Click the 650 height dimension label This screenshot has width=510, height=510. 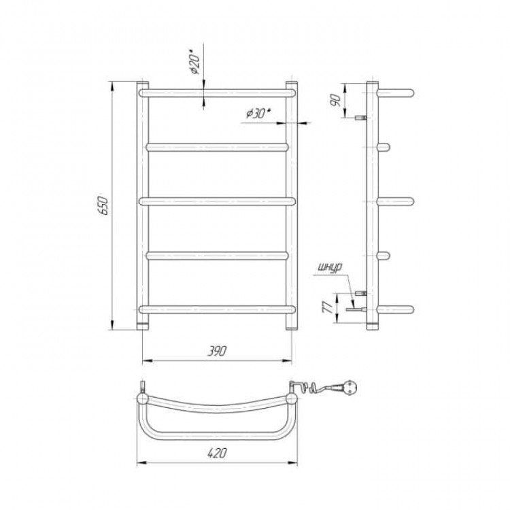(104, 205)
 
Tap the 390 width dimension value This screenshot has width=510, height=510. (217, 351)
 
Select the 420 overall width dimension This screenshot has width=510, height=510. (217, 453)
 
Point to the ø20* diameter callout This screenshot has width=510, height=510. (195, 62)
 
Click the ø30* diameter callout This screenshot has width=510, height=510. (259, 114)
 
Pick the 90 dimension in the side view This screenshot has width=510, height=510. (335, 101)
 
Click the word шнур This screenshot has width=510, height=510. (329, 268)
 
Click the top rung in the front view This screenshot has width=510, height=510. (218, 93)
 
